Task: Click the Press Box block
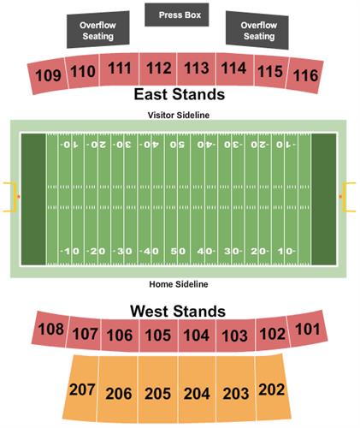tap(180, 14)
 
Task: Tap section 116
tap(304, 75)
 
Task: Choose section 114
tap(233, 68)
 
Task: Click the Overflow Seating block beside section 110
tap(98, 32)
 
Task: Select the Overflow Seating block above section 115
tap(257, 32)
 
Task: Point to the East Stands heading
tap(179, 94)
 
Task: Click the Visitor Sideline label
tap(180, 115)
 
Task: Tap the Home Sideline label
tap(180, 284)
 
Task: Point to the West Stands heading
tap(178, 311)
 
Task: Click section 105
tap(159, 336)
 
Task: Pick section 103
tap(234, 335)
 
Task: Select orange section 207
tap(82, 389)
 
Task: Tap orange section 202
tap(271, 389)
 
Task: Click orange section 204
tap(197, 394)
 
